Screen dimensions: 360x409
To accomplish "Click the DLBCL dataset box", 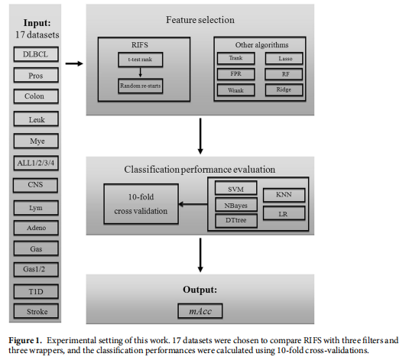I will [36, 54].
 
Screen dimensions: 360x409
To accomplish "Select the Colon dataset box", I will [36, 97].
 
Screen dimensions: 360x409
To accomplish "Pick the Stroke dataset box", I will [36, 311].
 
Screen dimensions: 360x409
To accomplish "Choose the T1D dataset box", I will [36, 290].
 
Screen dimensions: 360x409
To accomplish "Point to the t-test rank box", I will [140, 59].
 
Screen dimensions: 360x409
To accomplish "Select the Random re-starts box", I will [141, 87].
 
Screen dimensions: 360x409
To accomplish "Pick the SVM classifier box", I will [229, 189].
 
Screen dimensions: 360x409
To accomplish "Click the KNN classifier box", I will [284, 195].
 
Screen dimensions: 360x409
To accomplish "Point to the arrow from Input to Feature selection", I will [73, 63].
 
